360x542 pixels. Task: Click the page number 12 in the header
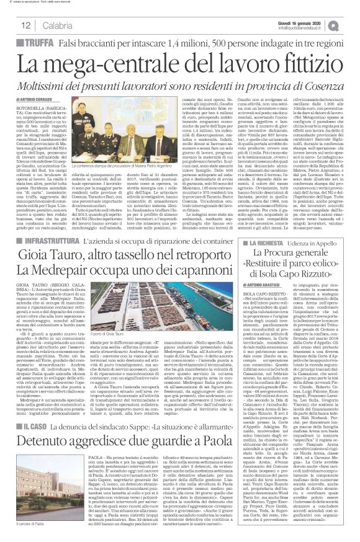(25, 25)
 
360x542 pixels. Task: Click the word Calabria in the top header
(57, 25)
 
